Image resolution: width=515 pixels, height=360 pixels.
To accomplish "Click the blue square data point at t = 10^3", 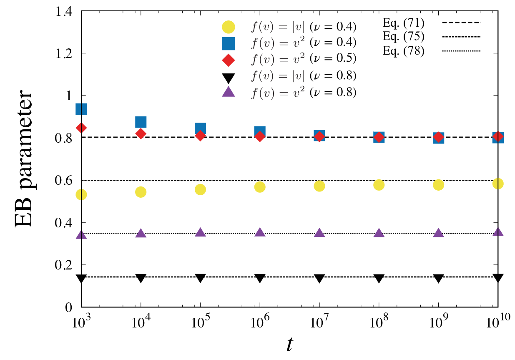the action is (81, 109).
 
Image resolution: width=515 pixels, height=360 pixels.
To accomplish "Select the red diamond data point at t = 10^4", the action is (141, 133).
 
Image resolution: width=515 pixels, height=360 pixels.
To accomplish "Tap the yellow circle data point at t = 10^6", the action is (260, 187).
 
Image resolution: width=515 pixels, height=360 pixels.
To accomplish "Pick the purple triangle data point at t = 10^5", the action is (200, 232).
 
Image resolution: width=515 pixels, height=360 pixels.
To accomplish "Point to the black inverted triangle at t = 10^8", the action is (379, 278).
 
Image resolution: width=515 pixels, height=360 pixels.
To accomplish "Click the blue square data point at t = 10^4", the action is (141, 122).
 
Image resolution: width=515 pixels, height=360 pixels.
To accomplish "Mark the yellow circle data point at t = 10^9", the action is (438, 185).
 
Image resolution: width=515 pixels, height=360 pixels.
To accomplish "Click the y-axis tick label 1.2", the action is (64, 54).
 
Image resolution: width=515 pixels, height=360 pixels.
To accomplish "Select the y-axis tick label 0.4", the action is (64, 223).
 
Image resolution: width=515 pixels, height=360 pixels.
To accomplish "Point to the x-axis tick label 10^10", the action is (498, 320).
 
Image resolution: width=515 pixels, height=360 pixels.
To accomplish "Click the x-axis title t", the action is (290, 345).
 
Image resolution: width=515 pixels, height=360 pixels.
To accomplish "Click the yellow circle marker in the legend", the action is (228, 27).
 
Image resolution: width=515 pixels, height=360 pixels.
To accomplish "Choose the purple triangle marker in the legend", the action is (228, 92).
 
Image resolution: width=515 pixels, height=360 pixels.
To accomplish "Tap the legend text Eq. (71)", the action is (403, 23).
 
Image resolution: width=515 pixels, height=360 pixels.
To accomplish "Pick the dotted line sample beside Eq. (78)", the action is (462, 51).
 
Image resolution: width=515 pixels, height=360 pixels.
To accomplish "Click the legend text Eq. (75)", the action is (403, 37).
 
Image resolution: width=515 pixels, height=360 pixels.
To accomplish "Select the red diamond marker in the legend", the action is (228, 60).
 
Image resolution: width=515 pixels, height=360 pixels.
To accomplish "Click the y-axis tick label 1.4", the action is (64, 12).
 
